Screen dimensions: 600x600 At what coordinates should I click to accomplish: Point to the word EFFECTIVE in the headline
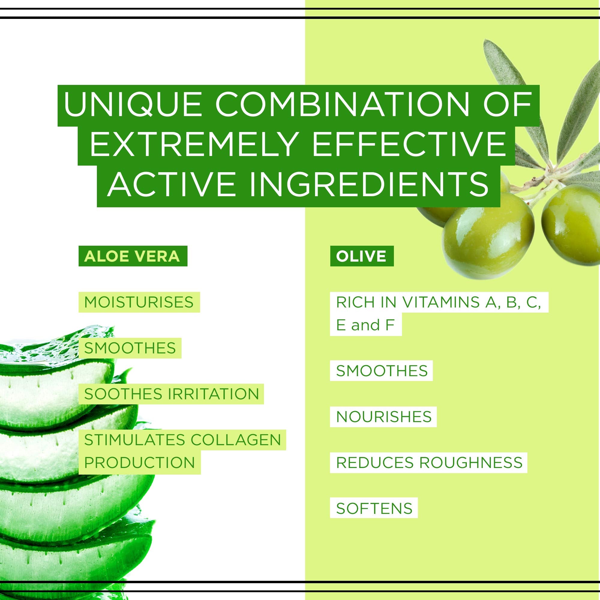tap(409, 144)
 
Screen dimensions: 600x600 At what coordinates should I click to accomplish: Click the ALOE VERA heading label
tap(132, 256)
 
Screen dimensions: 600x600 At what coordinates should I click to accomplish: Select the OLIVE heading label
tap(361, 256)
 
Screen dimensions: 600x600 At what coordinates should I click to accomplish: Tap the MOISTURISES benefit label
tap(139, 302)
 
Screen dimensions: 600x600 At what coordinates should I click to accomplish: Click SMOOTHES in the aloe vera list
tap(130, 348)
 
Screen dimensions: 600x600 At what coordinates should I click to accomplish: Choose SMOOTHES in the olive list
tap(382, 371)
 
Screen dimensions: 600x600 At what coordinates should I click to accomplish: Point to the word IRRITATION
tap(214, 394)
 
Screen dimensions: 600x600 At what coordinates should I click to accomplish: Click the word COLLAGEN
tap(236, 440)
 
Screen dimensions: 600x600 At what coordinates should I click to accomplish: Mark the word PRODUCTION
tap(139, 462)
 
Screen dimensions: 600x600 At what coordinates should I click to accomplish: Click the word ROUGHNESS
tap(471, 462)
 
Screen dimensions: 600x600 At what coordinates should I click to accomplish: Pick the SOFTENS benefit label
tap(374, 508)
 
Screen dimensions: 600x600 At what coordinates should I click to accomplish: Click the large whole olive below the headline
tap(487, 236)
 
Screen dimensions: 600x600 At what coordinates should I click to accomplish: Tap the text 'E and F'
tap(365, 325)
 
